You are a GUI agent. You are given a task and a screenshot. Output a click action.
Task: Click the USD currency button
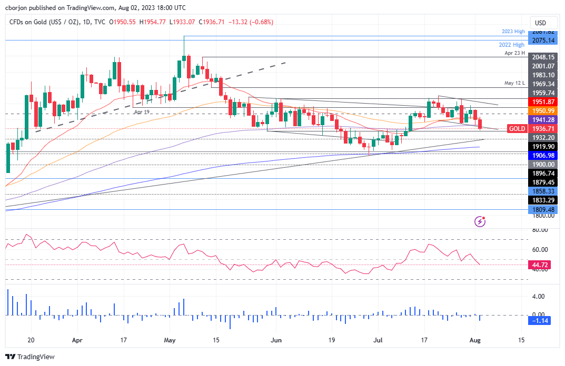[x=540, y=23]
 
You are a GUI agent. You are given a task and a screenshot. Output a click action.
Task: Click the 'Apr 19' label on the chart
[x=142, y=112]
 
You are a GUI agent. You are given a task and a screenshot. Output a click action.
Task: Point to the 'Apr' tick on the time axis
[x=77, y=340]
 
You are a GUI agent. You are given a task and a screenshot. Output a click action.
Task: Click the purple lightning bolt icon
[x=480, y=221]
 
